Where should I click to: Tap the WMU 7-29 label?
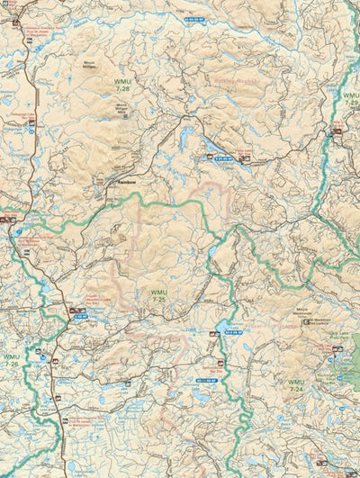pos(351,100)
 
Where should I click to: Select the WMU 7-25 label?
pos(158,295)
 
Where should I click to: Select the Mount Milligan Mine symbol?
pos(124,116)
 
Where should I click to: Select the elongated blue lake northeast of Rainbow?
pos(216,147)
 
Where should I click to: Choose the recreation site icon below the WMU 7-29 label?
pos(337,131)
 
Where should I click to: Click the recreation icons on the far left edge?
pos(8,219)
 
